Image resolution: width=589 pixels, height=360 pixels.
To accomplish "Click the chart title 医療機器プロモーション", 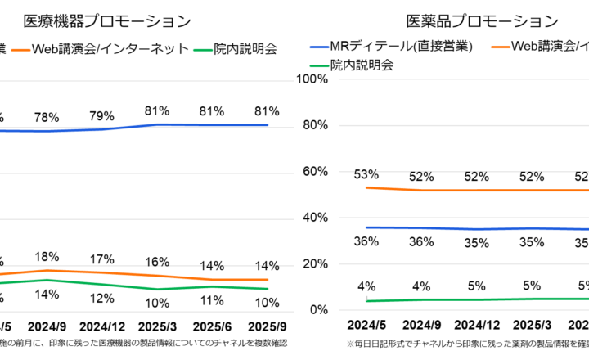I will [107, 20].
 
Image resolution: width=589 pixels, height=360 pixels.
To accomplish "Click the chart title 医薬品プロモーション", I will [482, 20].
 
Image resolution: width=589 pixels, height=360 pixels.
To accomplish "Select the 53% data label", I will [366, 173].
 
